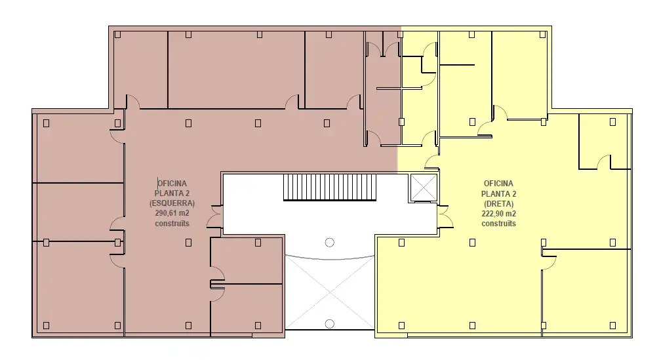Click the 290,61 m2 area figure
coord(172,213)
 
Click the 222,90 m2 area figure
coord(498,214)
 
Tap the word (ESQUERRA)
coord(172,203)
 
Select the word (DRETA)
coord(498,204)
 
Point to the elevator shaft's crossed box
coord(424,188)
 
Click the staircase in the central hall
coord(329,188)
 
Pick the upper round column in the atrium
coord(329,243)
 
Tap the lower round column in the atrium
coord(329,324)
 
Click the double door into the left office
coord(216,216)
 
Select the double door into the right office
coord(445,216)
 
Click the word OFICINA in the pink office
coord(172,183)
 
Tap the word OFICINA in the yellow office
coord(498,184)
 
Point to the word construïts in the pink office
coord(172,224)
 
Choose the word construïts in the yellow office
coord(498,224)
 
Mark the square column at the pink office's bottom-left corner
coord(47,325)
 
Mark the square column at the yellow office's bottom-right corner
coord(612,325)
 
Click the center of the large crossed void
coord(330,292)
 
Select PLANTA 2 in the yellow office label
coord(498,193)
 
